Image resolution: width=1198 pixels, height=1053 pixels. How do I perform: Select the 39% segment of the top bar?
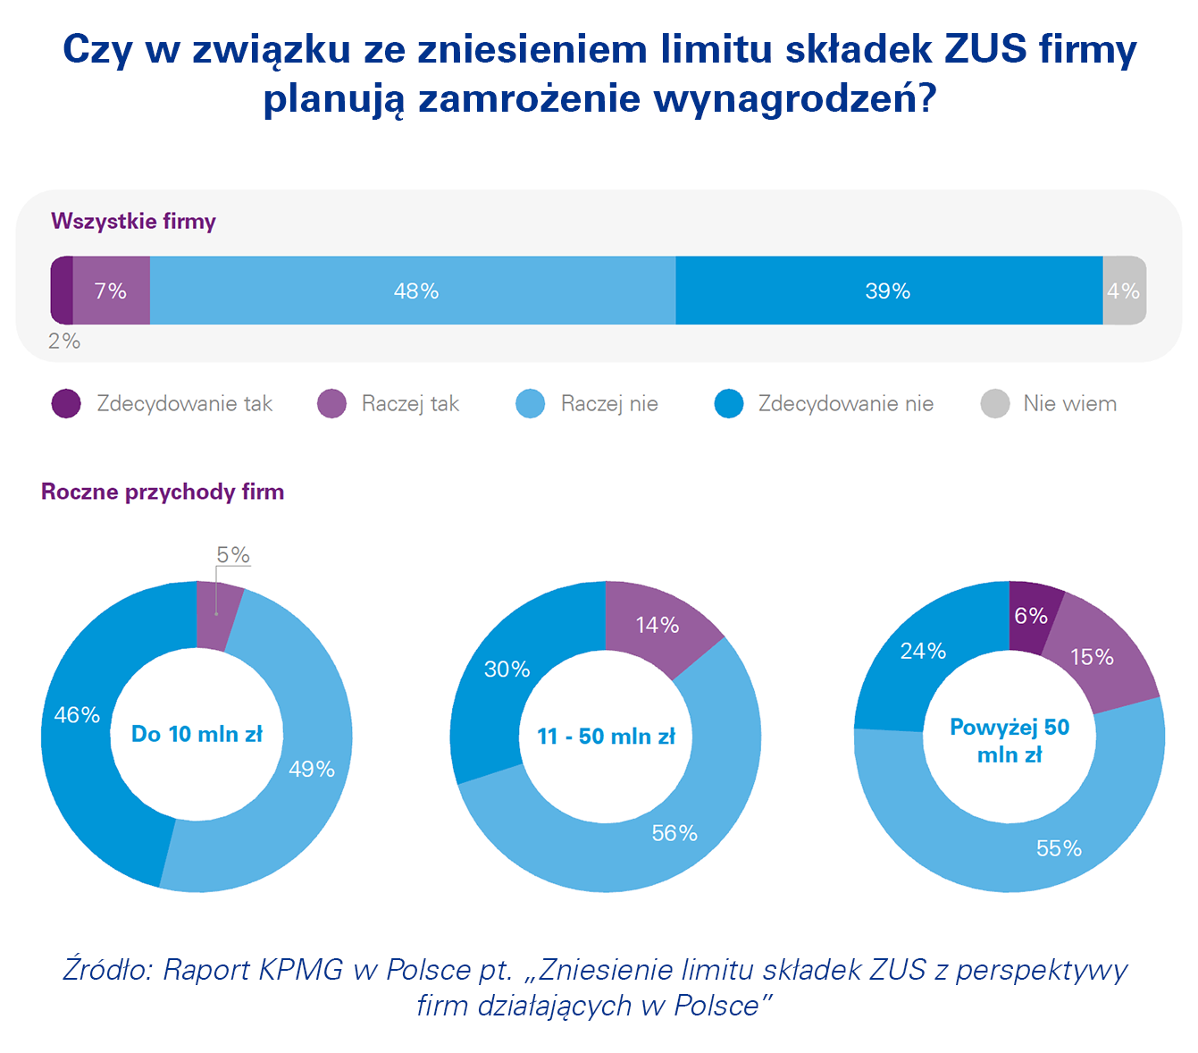pos(888,291)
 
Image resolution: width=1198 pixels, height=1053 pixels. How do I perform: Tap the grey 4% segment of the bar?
pos(1124,291)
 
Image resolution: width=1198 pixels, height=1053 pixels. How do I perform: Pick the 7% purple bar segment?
pos(111,291)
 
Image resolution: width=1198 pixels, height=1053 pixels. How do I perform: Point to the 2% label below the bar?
pos(64,341)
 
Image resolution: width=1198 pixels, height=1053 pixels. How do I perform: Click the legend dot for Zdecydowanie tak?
pos(66,404)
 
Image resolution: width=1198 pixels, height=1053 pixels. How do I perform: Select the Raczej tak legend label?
pos(410,404)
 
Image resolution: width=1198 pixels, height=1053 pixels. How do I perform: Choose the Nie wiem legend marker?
pos(994,404)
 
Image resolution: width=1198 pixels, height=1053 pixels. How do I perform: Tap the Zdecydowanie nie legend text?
pos(845,404)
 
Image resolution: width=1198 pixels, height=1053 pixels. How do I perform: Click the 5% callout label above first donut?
pos(233,555)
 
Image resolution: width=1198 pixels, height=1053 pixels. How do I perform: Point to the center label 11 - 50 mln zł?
pos(606,737)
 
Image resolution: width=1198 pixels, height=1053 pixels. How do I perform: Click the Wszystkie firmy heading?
pos(133,221)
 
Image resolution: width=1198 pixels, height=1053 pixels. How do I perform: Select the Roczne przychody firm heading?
pos(163,492)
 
